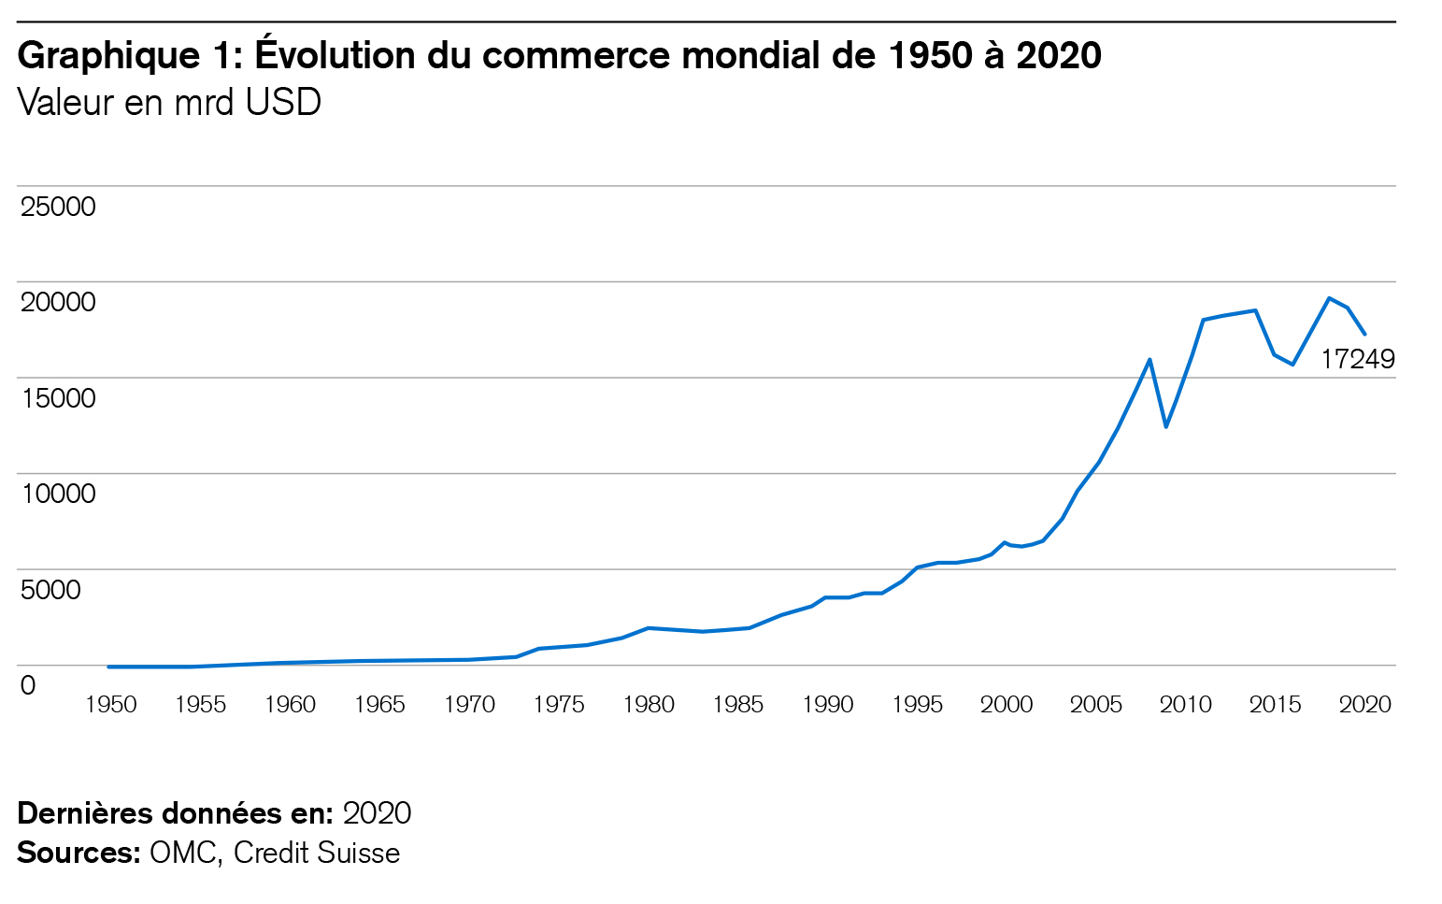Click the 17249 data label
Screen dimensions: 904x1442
click(x=1357, y=359)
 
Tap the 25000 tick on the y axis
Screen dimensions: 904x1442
click(x=58, y=207)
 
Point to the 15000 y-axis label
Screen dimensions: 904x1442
click(x=58, y=398)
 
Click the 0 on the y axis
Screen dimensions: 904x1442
click(x=28, y=685)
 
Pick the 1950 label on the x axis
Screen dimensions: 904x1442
click(x=110, y=705)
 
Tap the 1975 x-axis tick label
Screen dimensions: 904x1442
click(x=559, y=705)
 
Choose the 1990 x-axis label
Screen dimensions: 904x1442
click(x=827, y=705)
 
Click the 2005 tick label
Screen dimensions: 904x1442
click(x=1096, y=705)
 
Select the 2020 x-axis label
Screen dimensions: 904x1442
click(x=1365, y=705)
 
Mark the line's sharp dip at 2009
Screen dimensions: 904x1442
click(x=1166, y=427)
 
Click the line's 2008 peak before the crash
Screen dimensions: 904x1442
click(x=1149, y=359)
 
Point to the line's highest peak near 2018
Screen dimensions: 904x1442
click(x=1329, y=298)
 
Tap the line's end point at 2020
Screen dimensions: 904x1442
click(x=1365, y=334)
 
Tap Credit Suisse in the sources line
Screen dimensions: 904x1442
click(x=317, y=853)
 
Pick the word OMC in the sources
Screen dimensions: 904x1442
click(x=183, y=853)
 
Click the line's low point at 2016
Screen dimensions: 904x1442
click(x=1293, y=365)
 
